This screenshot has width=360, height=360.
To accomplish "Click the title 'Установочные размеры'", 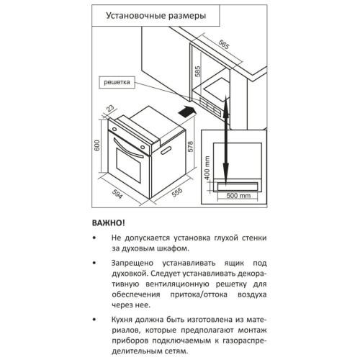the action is click(x=156, y=16).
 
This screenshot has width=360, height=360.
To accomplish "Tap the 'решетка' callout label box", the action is click(x=117, y=82).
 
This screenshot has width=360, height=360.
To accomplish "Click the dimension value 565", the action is click(x=224, y=44).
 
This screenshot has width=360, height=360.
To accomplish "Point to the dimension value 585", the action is click(x=198, y=71).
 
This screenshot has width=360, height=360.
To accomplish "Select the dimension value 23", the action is click(x=110, y=109).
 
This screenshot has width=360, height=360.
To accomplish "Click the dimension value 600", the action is click(x=96, y=145).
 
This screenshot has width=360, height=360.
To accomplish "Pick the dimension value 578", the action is click(x=190, y=146).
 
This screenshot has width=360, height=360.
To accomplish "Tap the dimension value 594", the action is click(x=117, y=194).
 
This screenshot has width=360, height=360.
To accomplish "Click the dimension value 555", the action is click(x=177, y=192).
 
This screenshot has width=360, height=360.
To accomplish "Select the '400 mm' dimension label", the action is click(x=207, y=168).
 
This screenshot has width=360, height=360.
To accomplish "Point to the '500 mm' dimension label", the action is click(x=238, y=196).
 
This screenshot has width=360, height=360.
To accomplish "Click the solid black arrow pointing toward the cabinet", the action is click(x=187, y=112).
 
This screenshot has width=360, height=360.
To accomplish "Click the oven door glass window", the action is click(x=128, y=166).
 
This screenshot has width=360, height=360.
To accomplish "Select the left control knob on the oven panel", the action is click(x=114, y=130).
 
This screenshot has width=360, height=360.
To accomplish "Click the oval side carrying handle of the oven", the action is click(x=166, y=150).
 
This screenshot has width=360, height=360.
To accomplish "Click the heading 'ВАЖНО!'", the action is click(x=109, y=223).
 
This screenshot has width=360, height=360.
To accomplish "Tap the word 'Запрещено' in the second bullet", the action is click(x=132, y=263).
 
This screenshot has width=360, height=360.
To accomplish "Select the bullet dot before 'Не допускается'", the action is click(x=94, y=238).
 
